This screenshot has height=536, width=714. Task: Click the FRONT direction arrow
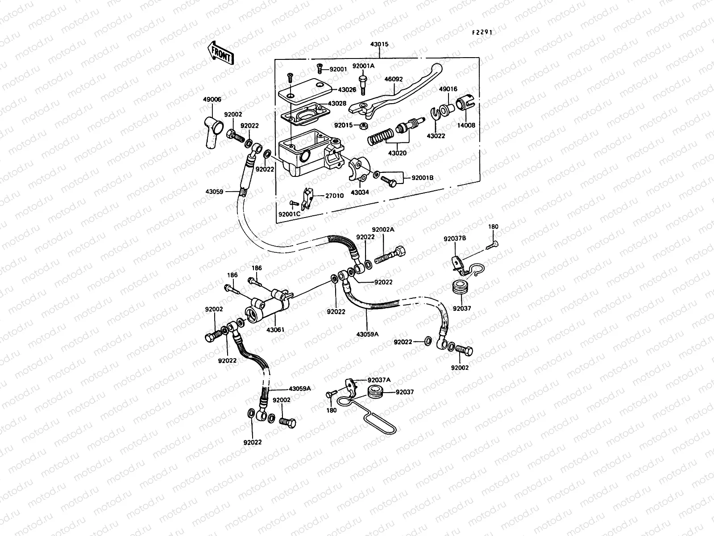(220, 53)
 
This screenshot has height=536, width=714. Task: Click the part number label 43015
(379, 45)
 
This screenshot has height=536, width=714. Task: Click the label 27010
(334, 195)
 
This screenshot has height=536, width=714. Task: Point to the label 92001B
(422, 178)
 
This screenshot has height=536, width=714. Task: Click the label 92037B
(454, 239)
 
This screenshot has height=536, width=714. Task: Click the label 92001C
(290, 214)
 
